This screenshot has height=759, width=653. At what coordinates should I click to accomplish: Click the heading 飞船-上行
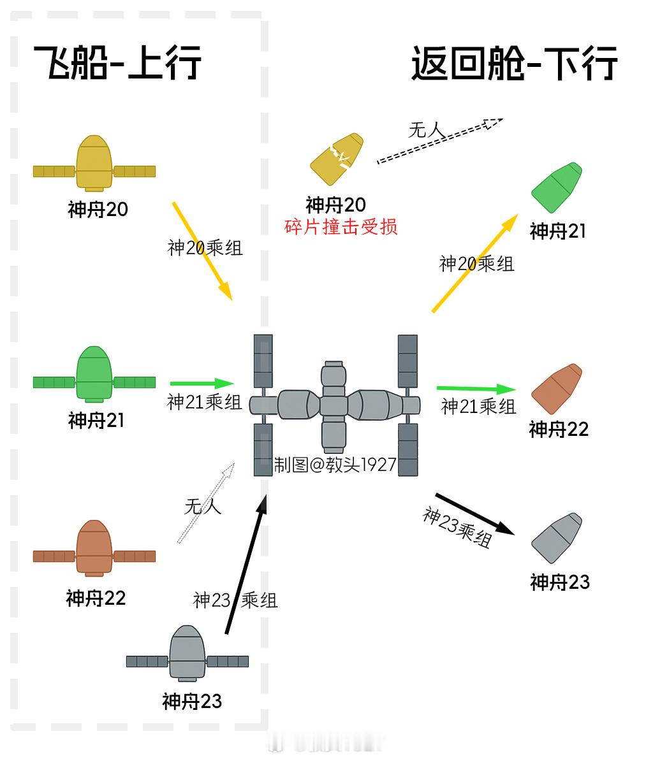point(118,62)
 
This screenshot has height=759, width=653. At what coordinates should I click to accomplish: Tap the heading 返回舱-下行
point(514,62)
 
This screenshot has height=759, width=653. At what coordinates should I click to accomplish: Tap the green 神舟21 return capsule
point(557,187)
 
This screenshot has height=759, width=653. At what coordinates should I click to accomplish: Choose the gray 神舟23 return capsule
point(557,538)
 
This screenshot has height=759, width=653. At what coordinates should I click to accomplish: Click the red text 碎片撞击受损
point(341,226)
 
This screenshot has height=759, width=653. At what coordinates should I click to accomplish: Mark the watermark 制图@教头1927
point(335,465)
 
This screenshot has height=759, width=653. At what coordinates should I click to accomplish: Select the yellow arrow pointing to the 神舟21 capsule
point(474,263)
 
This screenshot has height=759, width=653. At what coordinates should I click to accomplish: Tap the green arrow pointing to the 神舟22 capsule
point(476,388)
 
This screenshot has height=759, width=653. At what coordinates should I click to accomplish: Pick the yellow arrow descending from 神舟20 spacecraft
point(202,251)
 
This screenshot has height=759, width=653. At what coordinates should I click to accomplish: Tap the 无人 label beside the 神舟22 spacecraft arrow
point(203,507)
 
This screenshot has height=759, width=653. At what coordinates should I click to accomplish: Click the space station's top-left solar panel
point(263,360)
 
